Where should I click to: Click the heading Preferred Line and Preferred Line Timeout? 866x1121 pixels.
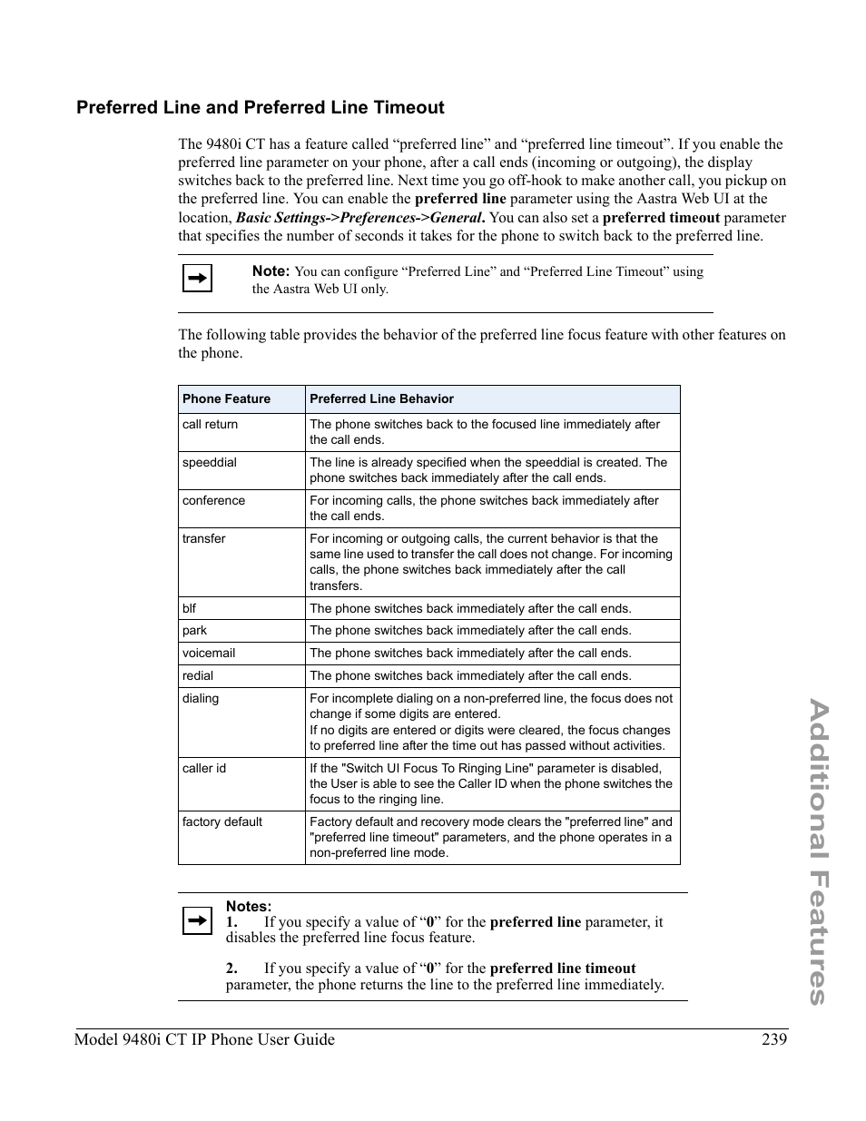260,108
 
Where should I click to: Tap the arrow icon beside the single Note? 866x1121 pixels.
197,278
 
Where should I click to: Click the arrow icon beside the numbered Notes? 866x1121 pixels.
197,921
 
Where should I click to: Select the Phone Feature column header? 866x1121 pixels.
226,398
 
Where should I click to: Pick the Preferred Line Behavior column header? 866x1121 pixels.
381,398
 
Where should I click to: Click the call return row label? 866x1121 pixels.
210,424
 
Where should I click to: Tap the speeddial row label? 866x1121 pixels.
209,462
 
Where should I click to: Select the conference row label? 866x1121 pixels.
213,500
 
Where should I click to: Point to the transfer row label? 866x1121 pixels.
203,538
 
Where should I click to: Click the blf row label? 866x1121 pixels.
189,608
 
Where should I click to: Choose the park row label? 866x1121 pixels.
194,630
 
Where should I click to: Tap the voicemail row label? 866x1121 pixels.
208,653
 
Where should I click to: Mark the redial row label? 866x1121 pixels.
197,675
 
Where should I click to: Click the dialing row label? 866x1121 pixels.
200,698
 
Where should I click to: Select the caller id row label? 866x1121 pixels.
203,768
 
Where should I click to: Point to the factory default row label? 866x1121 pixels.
221,821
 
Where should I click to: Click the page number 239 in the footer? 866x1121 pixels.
774,1039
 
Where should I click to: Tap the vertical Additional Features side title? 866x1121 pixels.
816,851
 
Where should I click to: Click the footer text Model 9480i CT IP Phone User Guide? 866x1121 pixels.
204,1039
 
